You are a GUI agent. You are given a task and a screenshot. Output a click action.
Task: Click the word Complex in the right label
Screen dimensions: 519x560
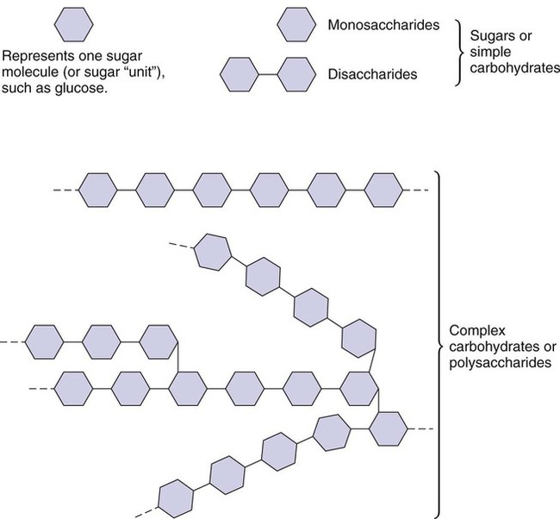[473, 330]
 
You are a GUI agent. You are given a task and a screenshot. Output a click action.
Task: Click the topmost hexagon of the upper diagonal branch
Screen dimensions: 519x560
[211, 250]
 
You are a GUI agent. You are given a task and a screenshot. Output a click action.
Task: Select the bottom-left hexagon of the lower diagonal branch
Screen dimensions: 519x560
[177, 497]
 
